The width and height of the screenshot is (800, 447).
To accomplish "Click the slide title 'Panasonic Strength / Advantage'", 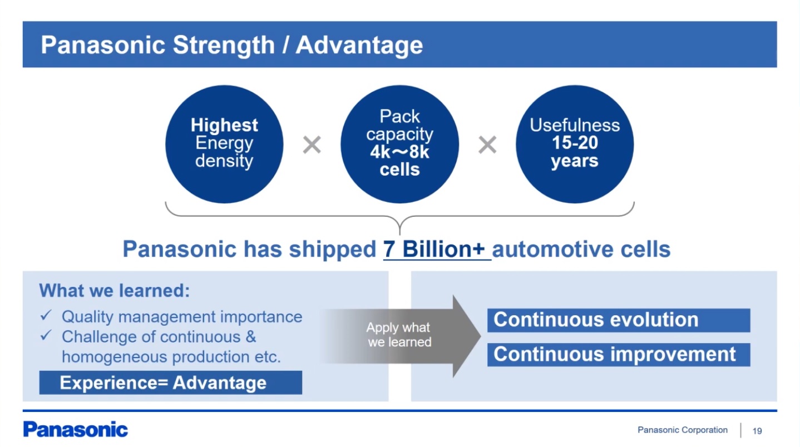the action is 231,45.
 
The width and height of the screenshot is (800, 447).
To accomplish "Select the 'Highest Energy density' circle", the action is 224,144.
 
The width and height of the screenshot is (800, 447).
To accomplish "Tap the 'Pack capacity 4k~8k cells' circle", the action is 399,144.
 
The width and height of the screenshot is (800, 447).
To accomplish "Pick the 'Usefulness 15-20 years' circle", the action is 575,144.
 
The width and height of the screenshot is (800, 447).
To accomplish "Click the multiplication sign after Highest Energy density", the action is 312,145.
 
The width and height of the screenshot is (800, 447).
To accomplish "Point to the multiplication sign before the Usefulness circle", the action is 487,145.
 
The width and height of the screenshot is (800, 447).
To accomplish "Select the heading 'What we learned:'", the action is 114,290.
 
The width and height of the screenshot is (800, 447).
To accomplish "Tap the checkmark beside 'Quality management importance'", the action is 46,315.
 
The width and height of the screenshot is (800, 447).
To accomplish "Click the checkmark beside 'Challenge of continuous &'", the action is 46,335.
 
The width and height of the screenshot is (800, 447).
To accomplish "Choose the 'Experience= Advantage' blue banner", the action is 171,383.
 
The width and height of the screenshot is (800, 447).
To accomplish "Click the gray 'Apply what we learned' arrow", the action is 400,336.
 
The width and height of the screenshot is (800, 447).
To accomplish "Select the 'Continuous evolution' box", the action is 619,320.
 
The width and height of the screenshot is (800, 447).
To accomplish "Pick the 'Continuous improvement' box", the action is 619,355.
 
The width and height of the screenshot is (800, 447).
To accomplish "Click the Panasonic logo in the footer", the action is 75,430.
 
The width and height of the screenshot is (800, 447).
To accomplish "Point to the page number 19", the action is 757,431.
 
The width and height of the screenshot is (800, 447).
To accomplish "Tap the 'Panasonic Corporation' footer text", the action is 683,430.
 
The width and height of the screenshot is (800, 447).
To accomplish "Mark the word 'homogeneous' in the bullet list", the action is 113,357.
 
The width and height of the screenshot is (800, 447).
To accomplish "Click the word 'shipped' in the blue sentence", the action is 333,250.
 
